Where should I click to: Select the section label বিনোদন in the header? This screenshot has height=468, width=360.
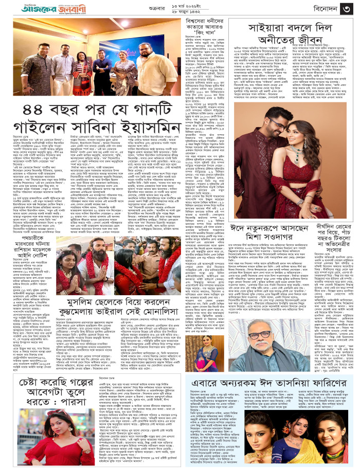[x=318, y=9]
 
